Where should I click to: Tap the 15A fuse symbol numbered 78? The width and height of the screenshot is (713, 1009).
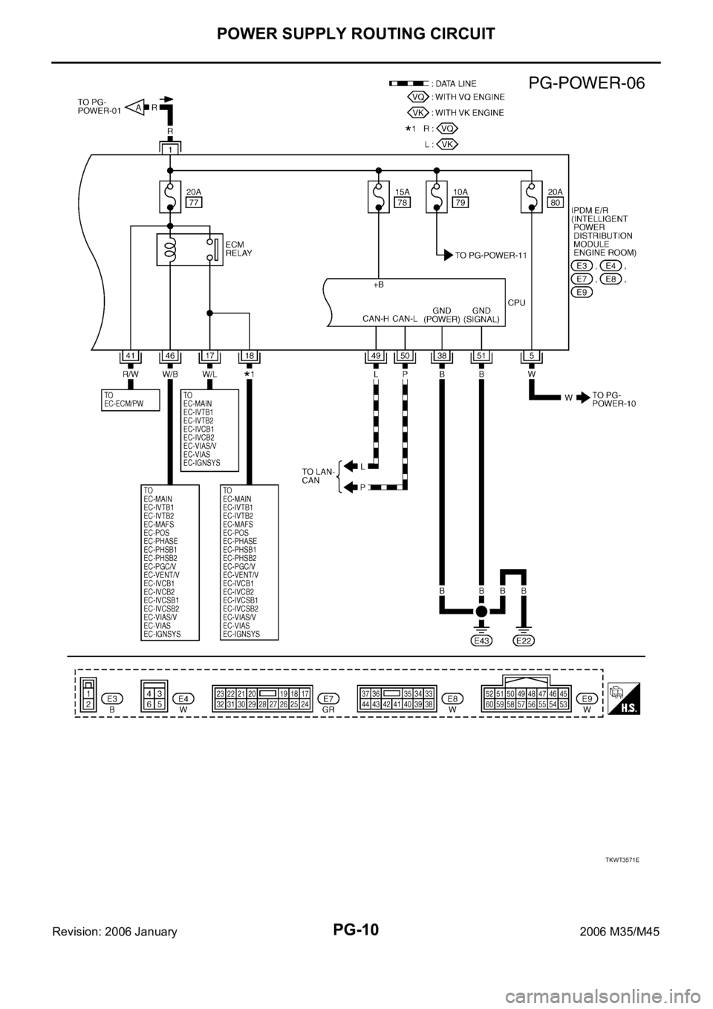click(379, 197)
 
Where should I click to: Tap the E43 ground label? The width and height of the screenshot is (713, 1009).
click(481, 640)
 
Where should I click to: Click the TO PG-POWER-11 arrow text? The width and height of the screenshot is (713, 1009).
click(490, 255)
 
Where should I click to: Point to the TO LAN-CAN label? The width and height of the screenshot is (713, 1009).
click(317, 476)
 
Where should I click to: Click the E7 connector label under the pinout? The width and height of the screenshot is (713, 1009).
click(328, 698)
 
